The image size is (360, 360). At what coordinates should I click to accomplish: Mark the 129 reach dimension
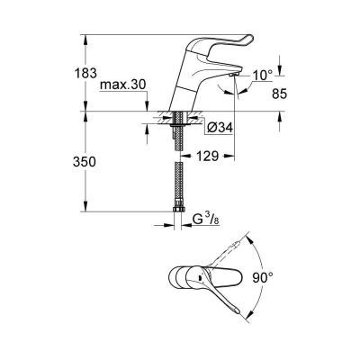pyautogui.click(x=209, y=157)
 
